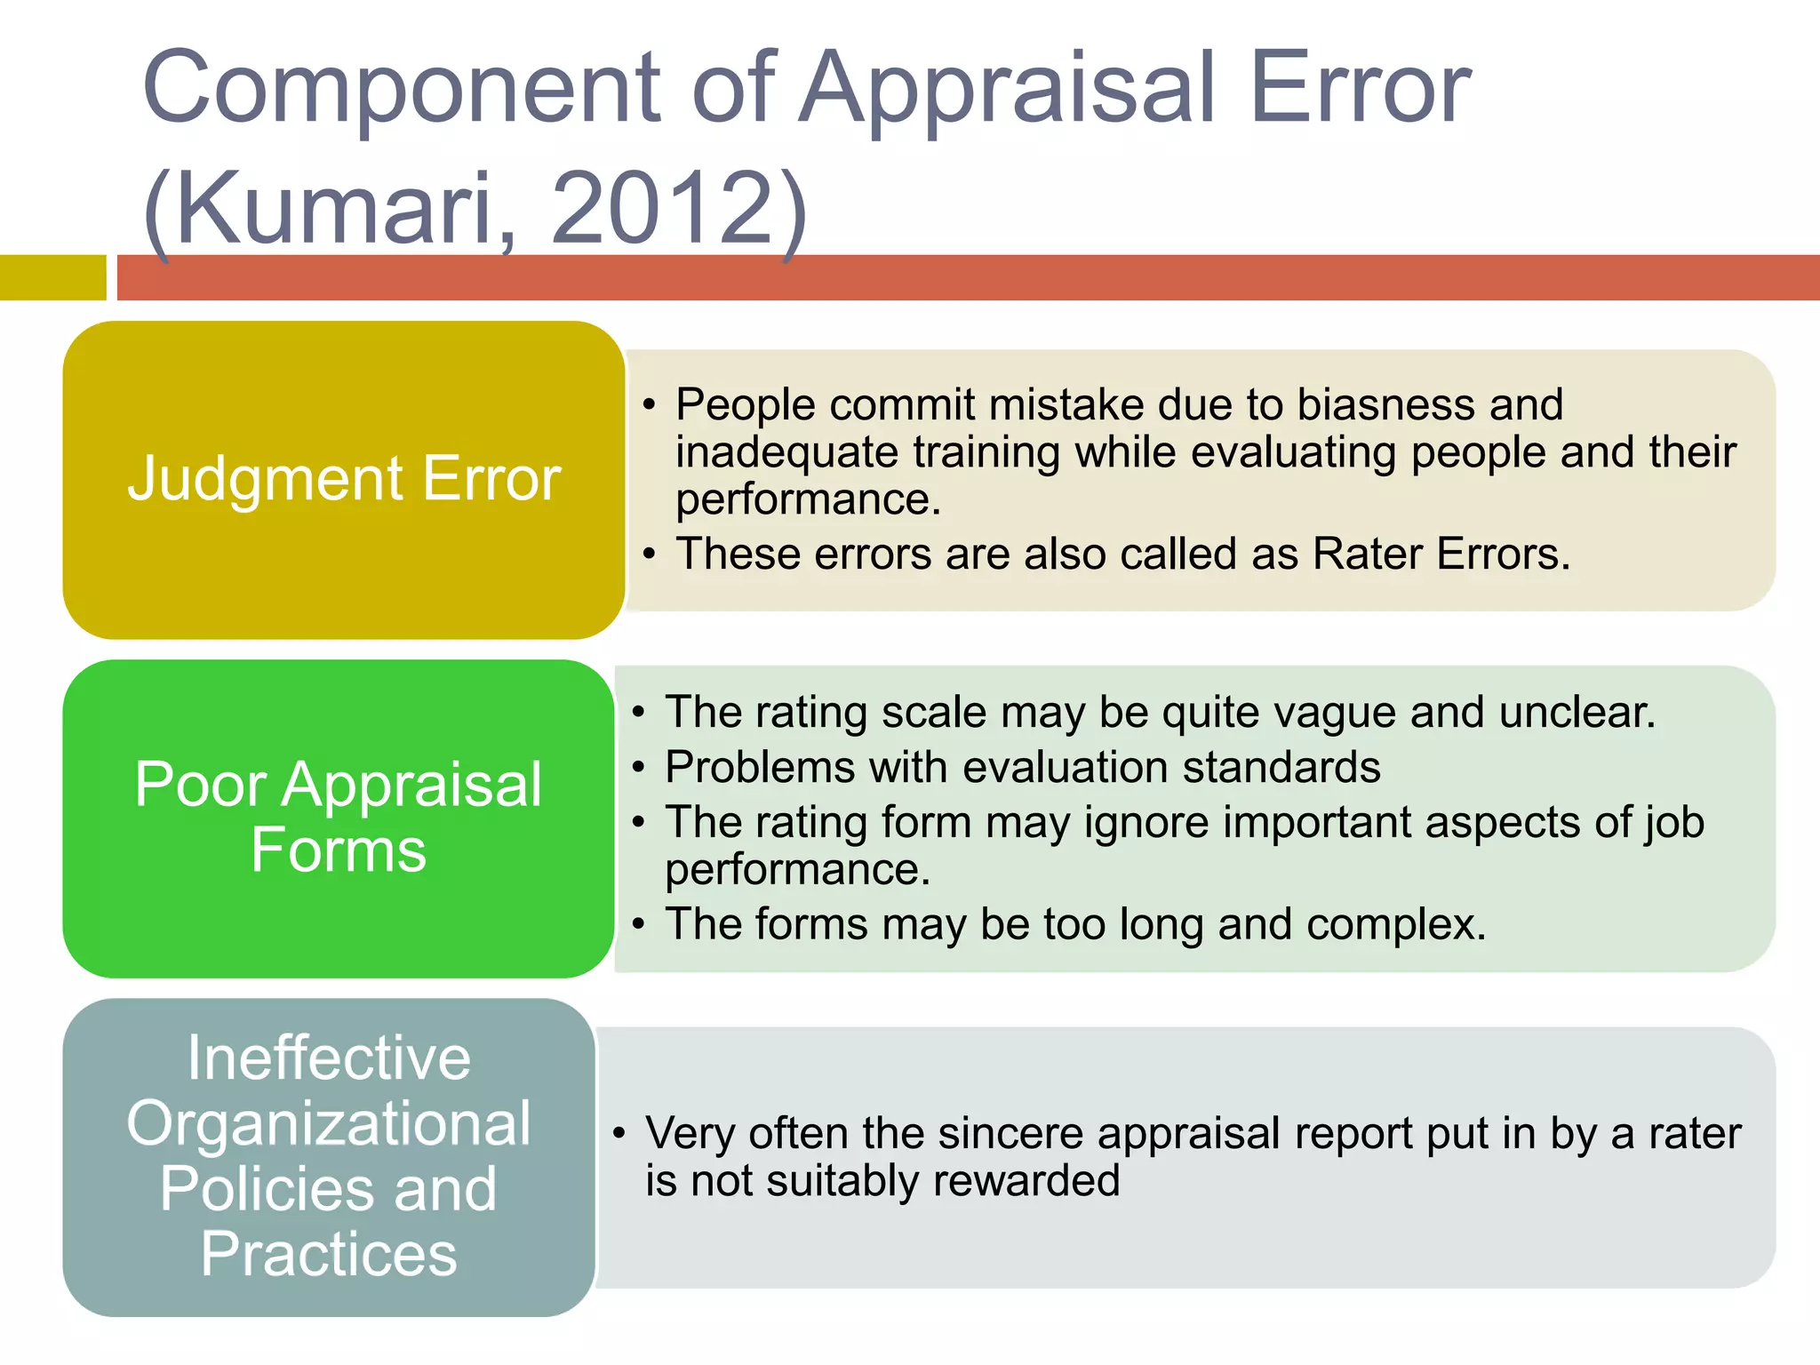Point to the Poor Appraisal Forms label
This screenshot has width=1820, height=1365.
click(338, 818)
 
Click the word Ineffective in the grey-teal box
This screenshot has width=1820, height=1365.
click(329, 1059)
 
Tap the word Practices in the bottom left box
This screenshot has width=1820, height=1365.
click(329, 1255)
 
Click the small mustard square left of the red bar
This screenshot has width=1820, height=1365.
click(52, 277)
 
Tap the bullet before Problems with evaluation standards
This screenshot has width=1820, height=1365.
click(638, 768)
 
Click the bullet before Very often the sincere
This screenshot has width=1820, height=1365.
click(619, 1134)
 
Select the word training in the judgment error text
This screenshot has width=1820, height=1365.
click(986, 452)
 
